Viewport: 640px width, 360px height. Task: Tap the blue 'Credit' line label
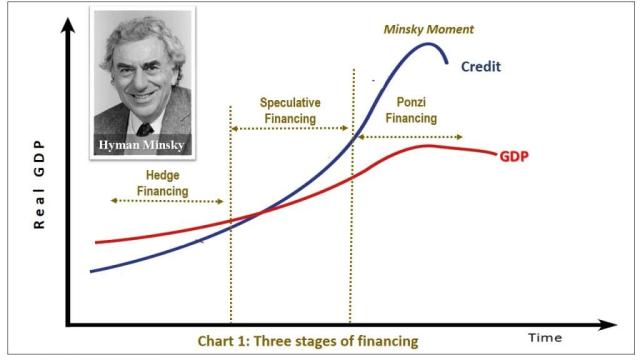coord(481,67)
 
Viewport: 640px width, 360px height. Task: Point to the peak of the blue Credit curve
coord(430,43)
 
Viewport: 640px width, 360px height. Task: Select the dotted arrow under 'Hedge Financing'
coord(152,201)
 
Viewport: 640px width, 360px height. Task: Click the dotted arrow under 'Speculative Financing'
coord(289,130)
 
